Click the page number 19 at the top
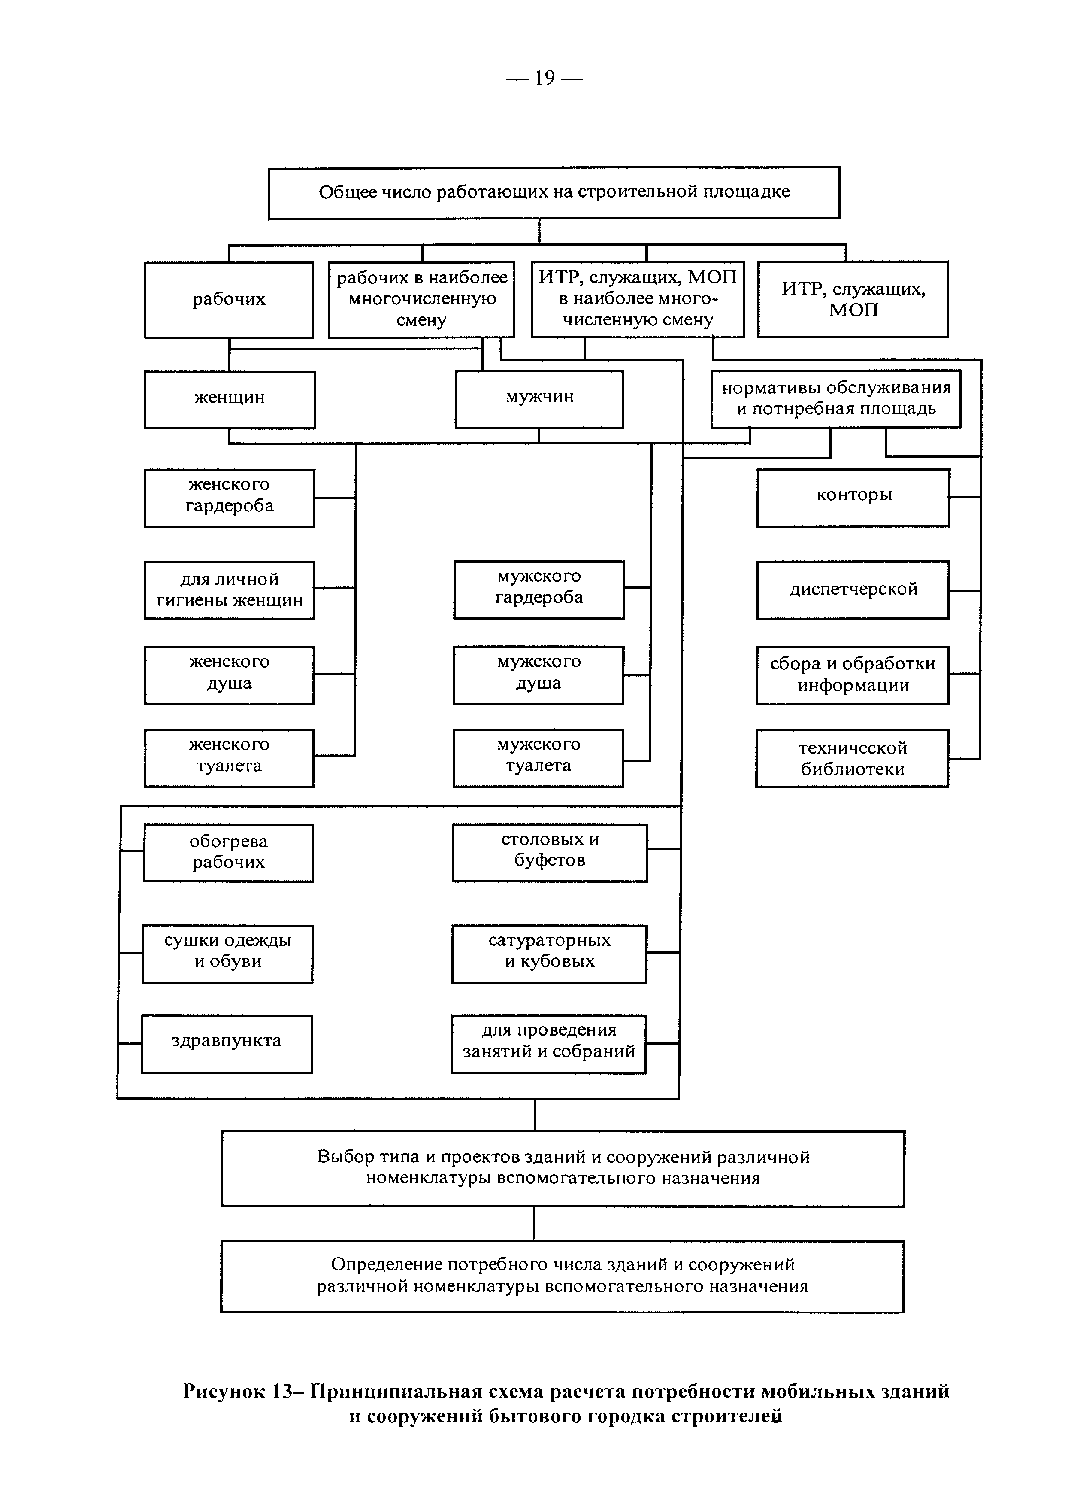(x=545, y=78)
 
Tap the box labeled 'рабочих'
(x=229, y=300)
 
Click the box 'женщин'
(x=230, y=399)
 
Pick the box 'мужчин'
(x=539, y=399)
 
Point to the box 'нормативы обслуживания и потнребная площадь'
(x=835, y=399)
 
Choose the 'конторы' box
(x=853, y=498)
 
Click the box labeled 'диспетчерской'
(x=853, y=590)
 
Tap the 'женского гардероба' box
(x=230, y=498)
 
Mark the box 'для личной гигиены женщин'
(x=230, y=590)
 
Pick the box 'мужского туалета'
(x=538, y=758)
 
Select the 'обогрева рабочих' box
(x=228, y=853)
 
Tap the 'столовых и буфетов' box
(x=550, y=853)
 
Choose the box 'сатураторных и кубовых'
(x=549, y=954)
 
